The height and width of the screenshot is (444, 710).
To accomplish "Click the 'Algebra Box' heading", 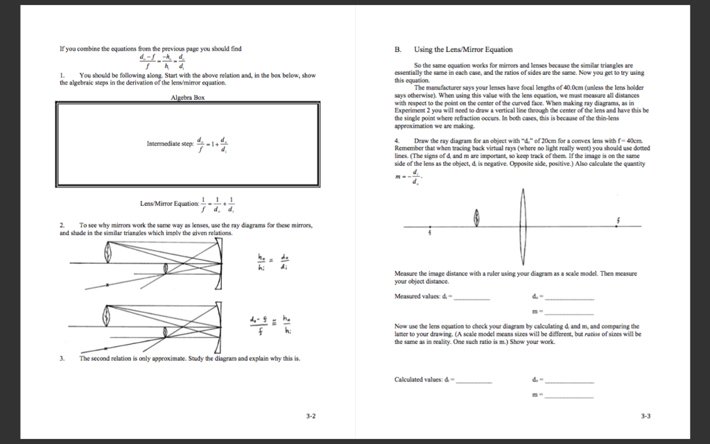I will click(187, 98).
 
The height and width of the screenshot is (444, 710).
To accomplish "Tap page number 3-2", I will click(311, 416).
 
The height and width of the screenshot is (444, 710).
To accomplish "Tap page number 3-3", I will click(646, 416).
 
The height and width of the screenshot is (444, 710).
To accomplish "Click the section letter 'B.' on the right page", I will click(398, 50).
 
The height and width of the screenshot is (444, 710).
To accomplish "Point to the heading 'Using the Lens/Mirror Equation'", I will click(463, 50).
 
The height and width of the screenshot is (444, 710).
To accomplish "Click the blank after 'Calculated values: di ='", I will click(474, 382).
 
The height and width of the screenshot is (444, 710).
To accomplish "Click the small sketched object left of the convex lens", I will click(476, 220).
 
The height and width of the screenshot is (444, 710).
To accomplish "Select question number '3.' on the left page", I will click(62, 359).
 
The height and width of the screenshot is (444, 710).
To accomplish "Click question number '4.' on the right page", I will click(397, 141).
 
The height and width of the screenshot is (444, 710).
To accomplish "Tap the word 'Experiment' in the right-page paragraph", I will click(411, 110).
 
